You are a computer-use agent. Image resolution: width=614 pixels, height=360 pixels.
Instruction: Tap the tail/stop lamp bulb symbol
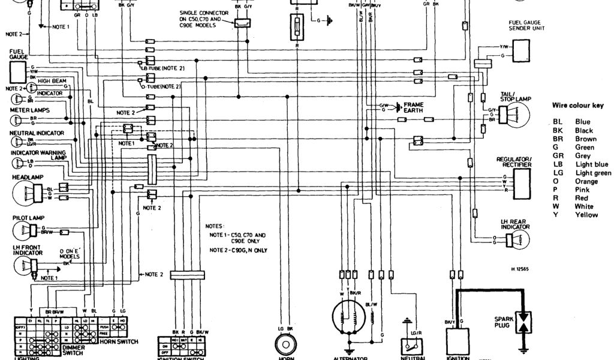pyautogui.click(x=516, y=115)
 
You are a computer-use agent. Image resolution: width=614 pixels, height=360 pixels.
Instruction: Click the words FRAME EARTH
pyautogui.click(x=413, y=108)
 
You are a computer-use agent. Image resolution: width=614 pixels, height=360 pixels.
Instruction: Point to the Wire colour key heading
pyautogui.click(x=577, y=106)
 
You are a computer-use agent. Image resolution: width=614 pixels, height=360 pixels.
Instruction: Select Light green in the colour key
pyautogui.click(x=592, y=173)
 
